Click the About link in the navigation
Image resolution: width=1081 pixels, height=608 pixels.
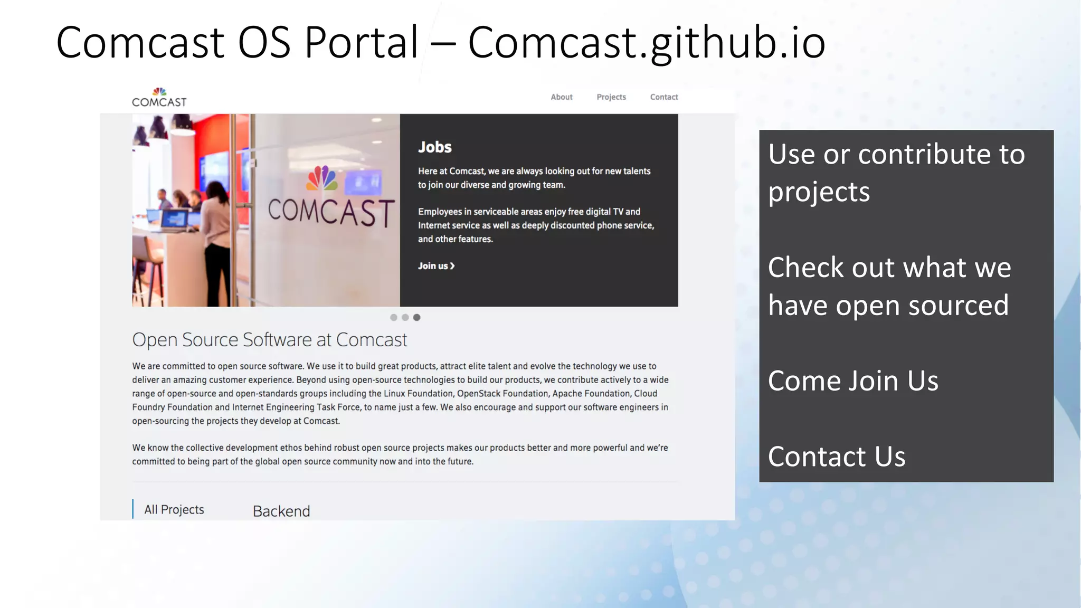(561, 97)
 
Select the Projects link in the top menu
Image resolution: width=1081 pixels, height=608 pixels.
(611, 97)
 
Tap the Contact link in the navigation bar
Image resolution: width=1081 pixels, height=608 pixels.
(663, 97)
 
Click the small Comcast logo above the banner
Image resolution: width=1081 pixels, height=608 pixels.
(159, 98)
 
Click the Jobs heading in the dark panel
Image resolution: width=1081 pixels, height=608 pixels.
(434, 147)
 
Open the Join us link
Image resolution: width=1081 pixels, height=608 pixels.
(436, 266)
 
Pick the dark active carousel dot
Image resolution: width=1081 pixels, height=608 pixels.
(416, 317)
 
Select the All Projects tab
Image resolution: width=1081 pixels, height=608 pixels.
(174, 509)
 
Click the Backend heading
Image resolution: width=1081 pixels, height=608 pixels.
(281, 511)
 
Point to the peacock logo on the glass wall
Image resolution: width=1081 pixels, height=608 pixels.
(322, 178)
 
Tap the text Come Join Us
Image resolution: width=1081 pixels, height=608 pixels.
(853, 381)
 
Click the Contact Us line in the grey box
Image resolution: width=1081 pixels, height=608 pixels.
(837, 457)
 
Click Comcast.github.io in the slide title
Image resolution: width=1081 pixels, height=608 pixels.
(646, 42)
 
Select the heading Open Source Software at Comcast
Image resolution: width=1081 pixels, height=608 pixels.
(269, 340)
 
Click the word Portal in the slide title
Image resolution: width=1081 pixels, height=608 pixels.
(362, 42)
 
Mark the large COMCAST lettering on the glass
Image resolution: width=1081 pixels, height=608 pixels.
(331, 212)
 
